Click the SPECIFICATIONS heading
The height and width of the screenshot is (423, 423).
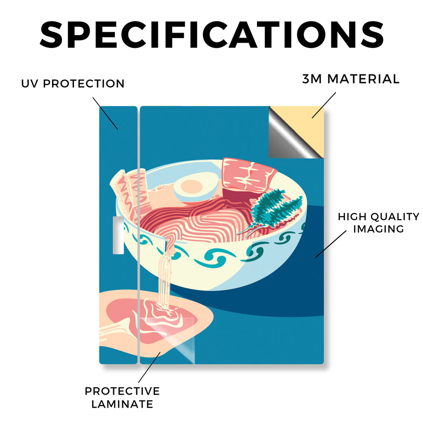pos(212,35)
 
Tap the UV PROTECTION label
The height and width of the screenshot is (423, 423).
pos(73,83)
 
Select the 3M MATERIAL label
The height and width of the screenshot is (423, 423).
pos(351,79)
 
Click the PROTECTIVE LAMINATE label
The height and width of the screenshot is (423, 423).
pos(122,397)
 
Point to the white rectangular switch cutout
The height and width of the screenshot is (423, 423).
pos(118,235)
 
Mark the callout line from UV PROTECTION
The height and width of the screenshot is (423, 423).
pos(105,114)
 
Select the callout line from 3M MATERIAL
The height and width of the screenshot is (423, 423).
pos(324,105)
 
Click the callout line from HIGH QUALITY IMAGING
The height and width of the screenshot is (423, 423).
pos(331,244)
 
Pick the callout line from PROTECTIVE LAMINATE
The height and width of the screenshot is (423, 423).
pos(150,367)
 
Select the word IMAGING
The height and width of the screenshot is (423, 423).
pos(378,229)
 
